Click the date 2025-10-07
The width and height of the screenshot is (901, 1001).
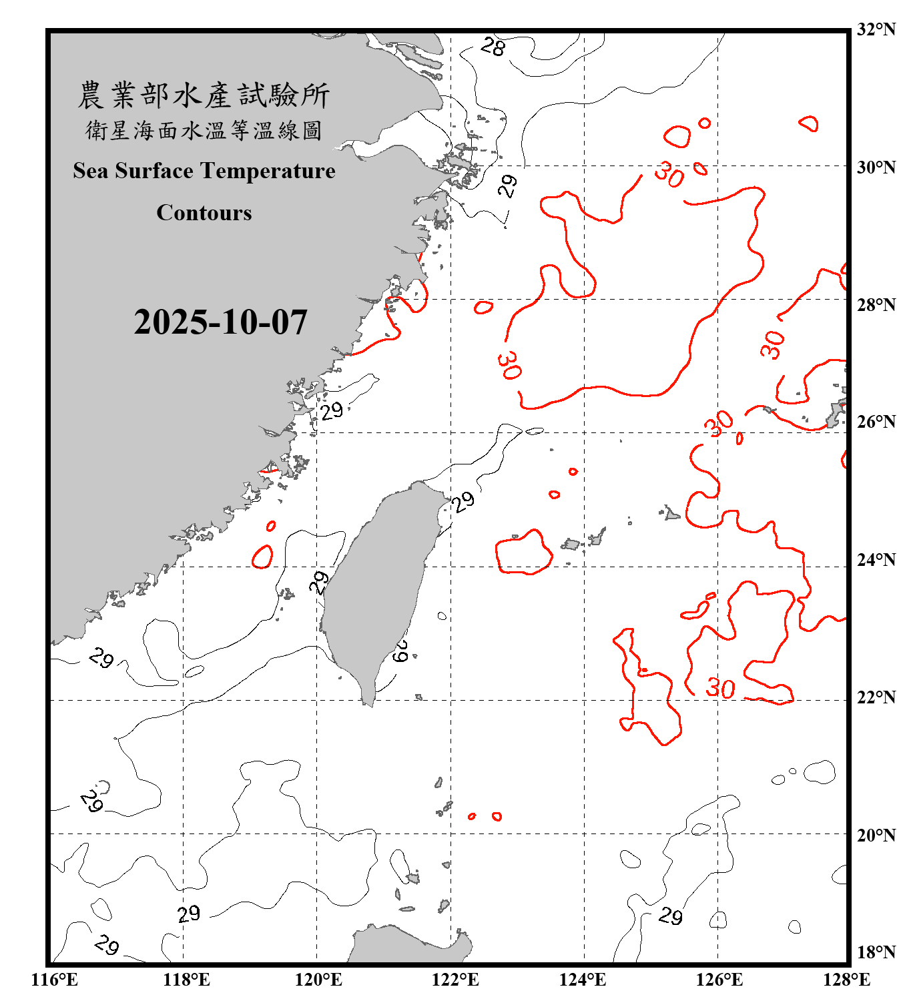(220, 322)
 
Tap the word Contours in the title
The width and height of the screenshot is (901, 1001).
(204, 213)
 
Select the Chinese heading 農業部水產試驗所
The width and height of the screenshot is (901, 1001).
(204, 95)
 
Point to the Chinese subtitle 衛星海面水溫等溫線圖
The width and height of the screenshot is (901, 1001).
(204, 130)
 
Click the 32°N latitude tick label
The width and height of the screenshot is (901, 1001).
(876, 29)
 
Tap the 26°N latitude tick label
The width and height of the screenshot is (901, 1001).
(876, 422)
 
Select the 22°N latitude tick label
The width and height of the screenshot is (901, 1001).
(876, 697)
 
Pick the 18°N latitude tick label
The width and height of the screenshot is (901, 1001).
(876, 952)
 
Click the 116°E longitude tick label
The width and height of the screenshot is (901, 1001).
(55, 980)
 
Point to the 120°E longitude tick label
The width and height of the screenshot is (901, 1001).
(318, 980)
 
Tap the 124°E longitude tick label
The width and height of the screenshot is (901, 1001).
(583, 980)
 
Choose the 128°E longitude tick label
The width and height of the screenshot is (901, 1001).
(846, 980)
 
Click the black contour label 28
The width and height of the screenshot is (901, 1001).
(493, 47)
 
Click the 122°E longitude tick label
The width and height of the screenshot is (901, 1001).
(455, 980)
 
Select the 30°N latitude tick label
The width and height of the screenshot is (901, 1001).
(876, 168)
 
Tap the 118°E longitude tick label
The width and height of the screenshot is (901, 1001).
(186, 980)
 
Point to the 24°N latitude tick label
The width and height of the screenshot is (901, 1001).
(876, 560)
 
